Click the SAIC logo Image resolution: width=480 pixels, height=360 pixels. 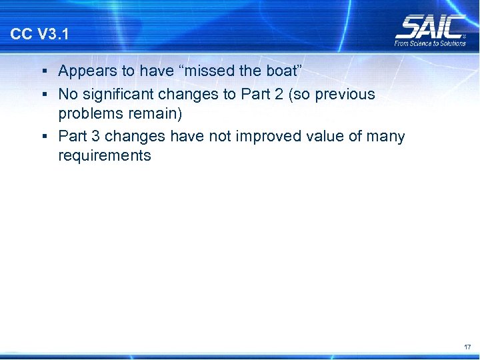pos(430,27)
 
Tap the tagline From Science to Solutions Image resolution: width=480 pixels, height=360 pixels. pos(430,43)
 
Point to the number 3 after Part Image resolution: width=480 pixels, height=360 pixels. pos(95,137)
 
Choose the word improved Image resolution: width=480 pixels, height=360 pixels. pos(271,137)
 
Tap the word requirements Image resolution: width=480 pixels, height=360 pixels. pos(105,157)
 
